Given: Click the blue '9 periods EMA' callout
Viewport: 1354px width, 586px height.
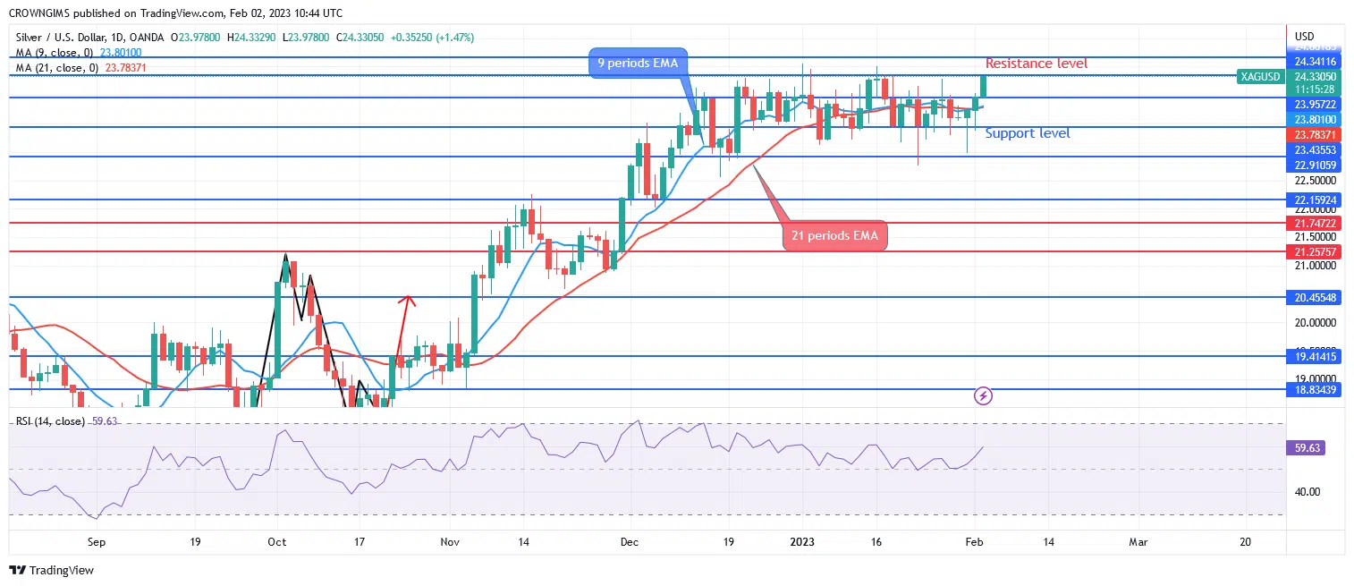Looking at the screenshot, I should click(637, 64).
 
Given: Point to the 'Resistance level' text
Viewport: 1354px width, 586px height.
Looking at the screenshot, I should click(1036, 64).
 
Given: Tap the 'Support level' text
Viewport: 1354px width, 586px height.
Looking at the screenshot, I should click(1027, 133).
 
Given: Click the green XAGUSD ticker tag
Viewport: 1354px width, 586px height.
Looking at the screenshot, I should click(1259, 77).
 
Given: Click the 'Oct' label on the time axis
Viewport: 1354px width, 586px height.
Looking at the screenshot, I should click(276, 542).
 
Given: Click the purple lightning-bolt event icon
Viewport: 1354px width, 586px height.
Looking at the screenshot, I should click(983, 395).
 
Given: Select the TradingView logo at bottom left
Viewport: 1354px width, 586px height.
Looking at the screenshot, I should click(51, 570).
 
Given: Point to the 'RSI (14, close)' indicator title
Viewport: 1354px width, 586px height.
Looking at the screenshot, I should click(50, 421).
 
